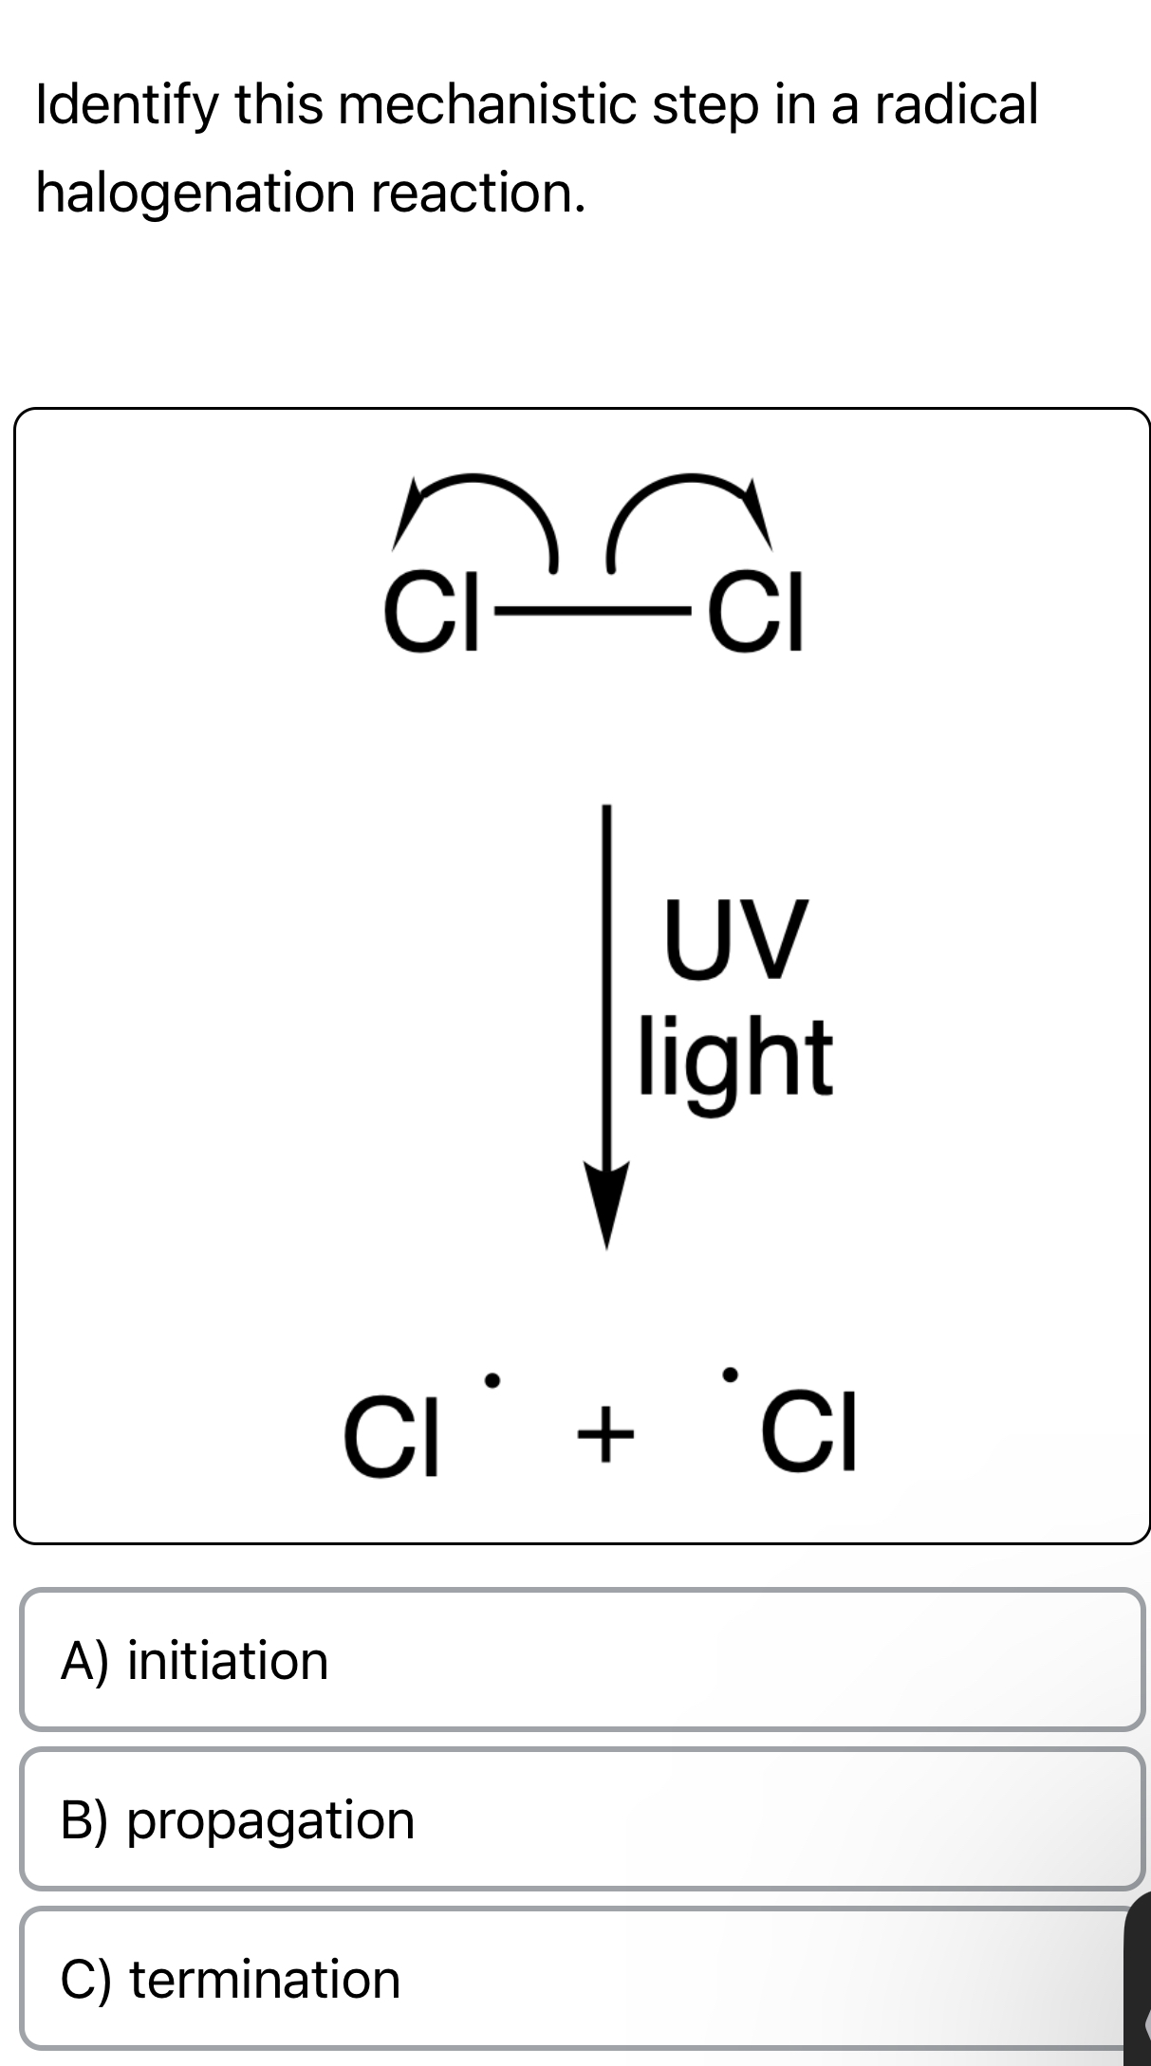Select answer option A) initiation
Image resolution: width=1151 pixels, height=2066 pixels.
point(581,1660)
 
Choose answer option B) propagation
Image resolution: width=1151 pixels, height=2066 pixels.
point(581,1819)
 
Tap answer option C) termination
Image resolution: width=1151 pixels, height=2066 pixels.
point(581,1979)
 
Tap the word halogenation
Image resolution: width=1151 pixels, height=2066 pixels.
point(195,193)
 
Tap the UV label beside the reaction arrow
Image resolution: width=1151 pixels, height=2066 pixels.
point(735,939)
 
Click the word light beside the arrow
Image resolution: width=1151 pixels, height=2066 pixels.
point(735,1055)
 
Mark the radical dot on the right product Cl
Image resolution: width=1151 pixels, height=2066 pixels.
point(729,1374)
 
